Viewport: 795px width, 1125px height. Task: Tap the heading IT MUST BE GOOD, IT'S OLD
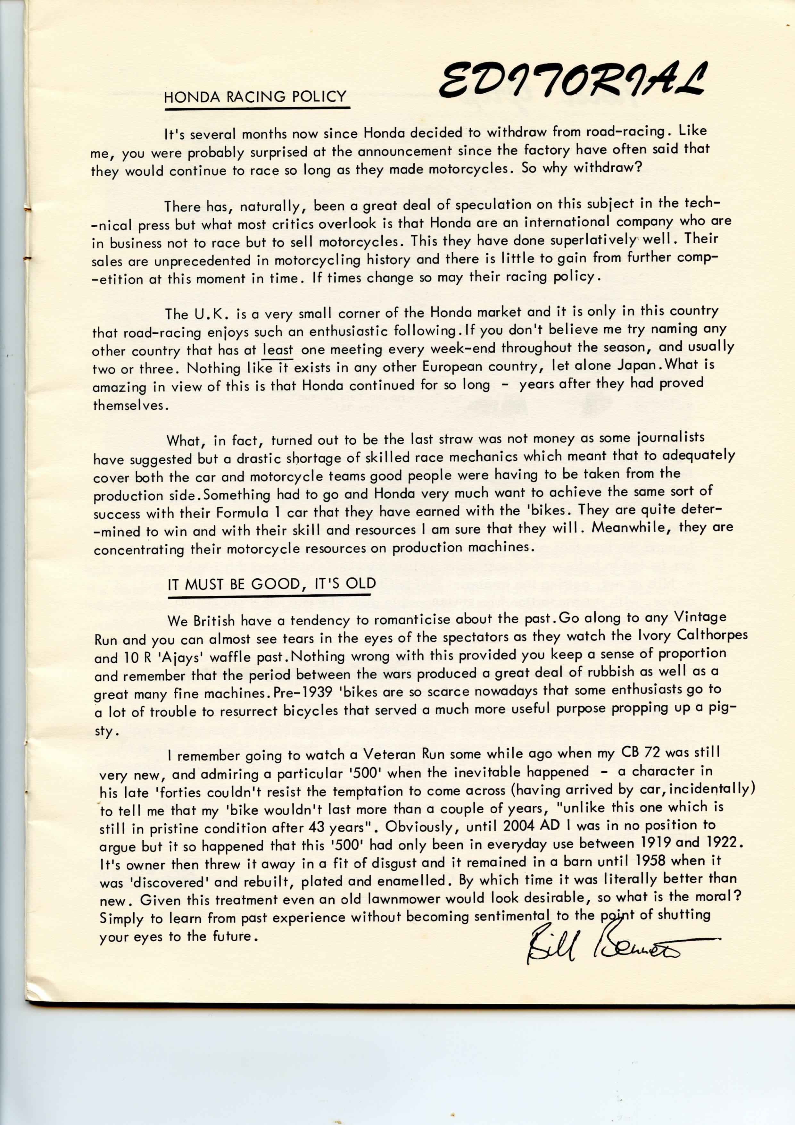(271, 584)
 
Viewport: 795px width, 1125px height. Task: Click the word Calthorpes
(712, 635)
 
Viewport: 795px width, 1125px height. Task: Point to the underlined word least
(278, 350)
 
